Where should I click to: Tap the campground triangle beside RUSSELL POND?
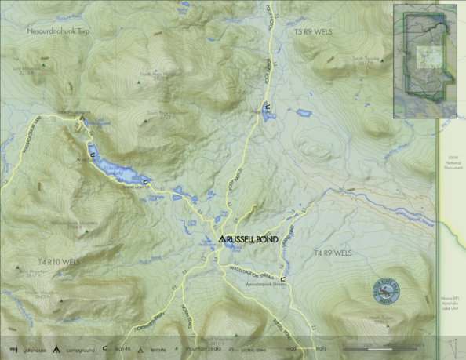click(x=223, y=238)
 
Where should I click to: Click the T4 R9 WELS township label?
click(x=334, y=253)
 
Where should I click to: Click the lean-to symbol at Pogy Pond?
click(x=268, y=105)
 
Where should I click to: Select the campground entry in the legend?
click(x=81, y=347)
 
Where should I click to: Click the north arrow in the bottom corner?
click(x=452, y=346)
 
